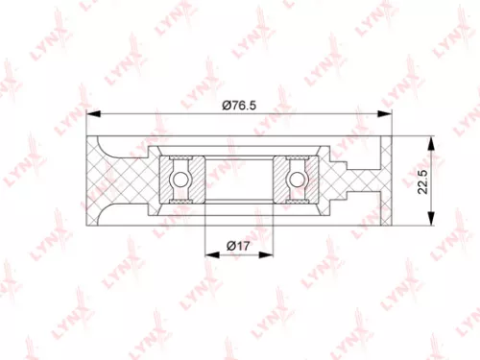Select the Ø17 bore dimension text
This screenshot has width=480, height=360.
coord(240,245)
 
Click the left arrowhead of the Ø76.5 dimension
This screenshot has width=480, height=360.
coord(92,113)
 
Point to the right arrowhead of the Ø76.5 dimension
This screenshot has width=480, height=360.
coord(387,113)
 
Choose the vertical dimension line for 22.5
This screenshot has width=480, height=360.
coord(433,182)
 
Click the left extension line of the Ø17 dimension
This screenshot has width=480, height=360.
coord(205,235)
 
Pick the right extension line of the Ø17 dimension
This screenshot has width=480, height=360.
coord(276,235)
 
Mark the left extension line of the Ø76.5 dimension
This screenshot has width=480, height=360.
coord(86,125)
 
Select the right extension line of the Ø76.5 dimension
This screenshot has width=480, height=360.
coord(393,125)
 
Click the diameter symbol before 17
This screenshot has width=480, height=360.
coord(231,245)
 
